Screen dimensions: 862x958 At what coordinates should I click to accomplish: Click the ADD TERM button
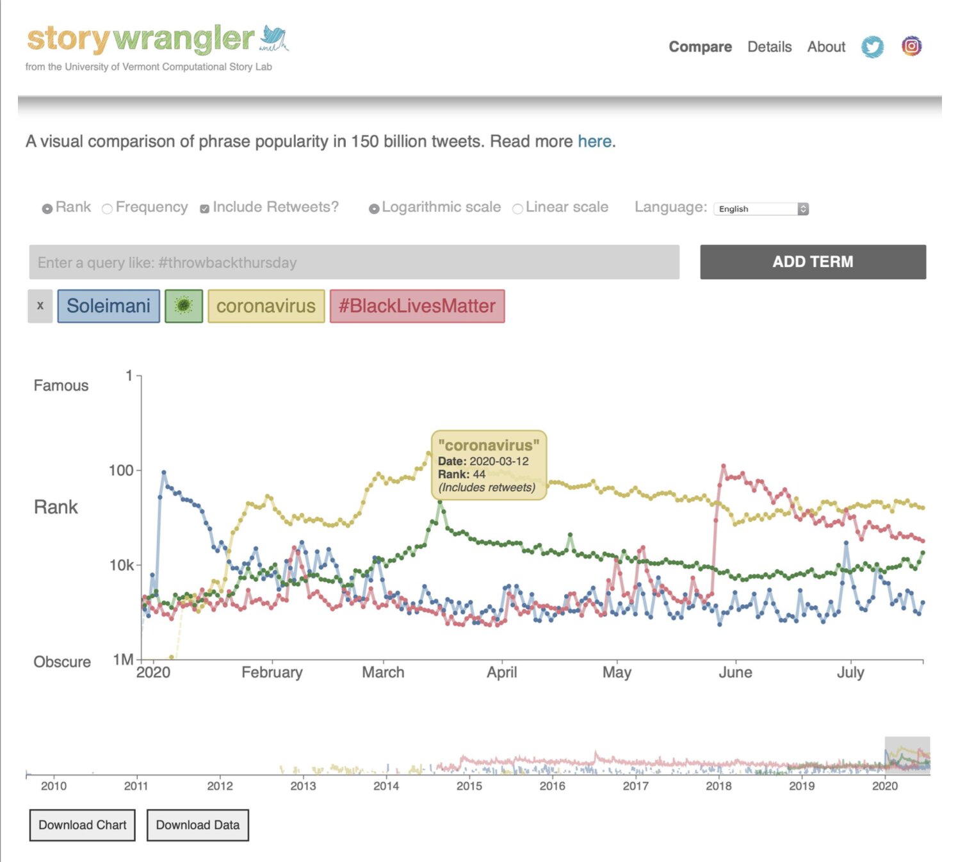click(813, 262)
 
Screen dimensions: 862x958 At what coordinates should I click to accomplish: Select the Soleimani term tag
click(108, 306)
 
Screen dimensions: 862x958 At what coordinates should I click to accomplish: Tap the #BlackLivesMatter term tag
click(417, 306)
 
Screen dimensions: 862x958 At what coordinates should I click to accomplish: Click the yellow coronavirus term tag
click(266, 306)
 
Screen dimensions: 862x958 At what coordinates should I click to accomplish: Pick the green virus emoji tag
click(184, 306)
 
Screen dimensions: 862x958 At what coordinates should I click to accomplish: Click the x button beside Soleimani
click(40, 306)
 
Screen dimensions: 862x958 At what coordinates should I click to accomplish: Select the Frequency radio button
click(108, 209)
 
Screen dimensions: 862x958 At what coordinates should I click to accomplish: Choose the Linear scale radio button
click(517, 209)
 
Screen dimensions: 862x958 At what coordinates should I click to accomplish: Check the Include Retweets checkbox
click(204, 209)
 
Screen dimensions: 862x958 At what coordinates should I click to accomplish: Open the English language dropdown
click(761, 209)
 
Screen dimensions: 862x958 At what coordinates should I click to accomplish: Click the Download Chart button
click(83, 825)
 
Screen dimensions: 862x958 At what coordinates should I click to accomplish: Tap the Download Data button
click(197, 825)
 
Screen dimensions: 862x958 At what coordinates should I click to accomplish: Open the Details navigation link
click(769, 47)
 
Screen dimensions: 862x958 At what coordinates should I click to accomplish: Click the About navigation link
click(826, 47)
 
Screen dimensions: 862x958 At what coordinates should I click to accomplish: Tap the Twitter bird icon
click(872, 47)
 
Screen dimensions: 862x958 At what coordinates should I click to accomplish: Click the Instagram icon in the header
click(911, 46)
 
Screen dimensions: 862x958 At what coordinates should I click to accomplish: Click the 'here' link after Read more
click(594, 142)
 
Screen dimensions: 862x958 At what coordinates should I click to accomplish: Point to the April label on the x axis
click(501, 672)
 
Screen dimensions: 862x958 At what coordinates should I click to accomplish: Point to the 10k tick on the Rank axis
click(122, 565)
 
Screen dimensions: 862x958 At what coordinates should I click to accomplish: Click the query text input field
click(354, 263)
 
